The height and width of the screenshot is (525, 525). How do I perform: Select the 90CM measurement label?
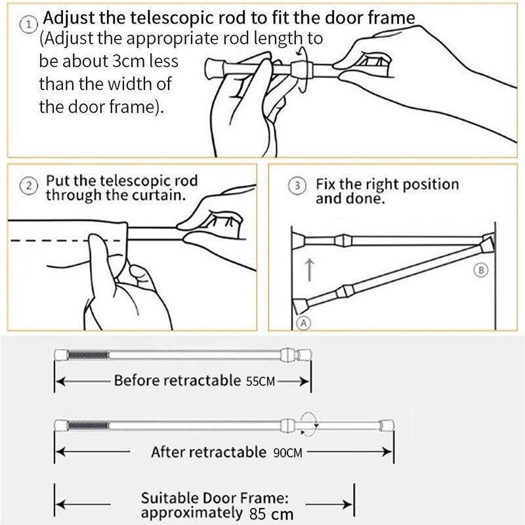(285, 453)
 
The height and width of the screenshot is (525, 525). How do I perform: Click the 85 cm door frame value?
(271, 514)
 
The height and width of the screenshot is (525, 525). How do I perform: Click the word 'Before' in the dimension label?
(135, 381)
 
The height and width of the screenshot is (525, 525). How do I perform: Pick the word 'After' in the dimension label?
(167, 452)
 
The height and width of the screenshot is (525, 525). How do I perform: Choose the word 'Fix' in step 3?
(325, 184)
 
